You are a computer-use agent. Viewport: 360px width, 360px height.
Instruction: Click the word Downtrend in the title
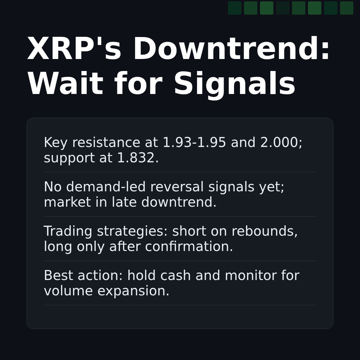(x=231, y=50)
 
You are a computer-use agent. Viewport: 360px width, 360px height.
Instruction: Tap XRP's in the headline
(x=74, y=50)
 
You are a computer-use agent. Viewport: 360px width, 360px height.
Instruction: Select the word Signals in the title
(x=234, y=85)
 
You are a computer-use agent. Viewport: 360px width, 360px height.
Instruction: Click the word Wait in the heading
(x=65, y=85)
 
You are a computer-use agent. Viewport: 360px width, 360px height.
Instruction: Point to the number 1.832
(x=138, y=158)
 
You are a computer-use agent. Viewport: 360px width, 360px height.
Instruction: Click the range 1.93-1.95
(x=194, y=143)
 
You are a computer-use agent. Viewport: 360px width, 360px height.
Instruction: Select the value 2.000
(x=281, y=143)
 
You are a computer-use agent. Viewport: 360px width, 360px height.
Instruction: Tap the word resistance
(x=106, y=143)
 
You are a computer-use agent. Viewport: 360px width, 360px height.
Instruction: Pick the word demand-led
(x=106, y=187)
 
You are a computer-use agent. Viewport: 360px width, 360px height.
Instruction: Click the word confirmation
(x=189, y=247)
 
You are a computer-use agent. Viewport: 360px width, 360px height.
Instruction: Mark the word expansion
(x=133, y=291)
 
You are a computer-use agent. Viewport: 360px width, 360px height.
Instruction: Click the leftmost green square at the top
(x=235, y=8)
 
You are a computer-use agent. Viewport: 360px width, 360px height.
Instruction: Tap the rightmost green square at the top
(x=347, y=8)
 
